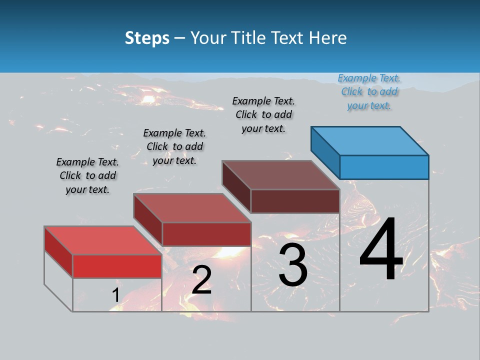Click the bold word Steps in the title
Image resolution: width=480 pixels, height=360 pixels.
point(147,38)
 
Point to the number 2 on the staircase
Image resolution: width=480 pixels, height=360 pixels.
point(201,280)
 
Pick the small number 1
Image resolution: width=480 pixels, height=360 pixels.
point(115,295)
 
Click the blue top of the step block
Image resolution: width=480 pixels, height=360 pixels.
point(370,140)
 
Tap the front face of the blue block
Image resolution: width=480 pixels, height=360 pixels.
point(384,167)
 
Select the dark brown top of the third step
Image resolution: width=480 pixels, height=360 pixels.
point(280,175)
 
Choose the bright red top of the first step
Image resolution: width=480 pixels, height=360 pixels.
point(102,240)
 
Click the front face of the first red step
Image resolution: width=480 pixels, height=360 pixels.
point(117,266)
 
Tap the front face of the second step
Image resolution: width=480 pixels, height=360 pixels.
point(206,234)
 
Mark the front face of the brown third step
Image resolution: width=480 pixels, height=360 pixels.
point(295,201)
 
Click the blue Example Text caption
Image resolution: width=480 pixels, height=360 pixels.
point(369,91)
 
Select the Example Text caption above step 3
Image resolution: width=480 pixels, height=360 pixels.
point(263,114)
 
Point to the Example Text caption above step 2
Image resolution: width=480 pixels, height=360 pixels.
point(174,146)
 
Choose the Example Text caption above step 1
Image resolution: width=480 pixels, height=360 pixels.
point(87,175)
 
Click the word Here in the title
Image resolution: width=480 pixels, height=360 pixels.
point(328,38)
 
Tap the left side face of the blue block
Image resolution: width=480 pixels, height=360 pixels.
point(325,152)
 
